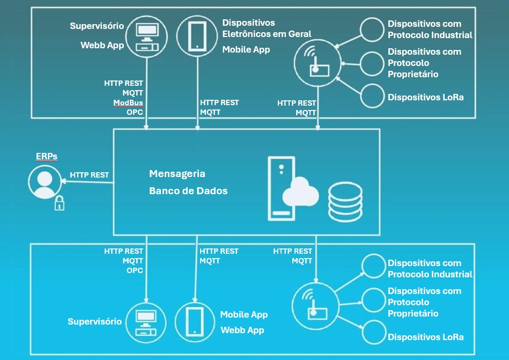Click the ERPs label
46,156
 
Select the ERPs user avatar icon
45,182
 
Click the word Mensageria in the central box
177,174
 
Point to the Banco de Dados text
188,190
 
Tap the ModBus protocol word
128,102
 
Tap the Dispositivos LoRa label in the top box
425,97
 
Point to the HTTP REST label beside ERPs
89,175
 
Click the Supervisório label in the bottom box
94,321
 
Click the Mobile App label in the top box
246,49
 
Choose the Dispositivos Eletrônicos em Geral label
267,28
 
